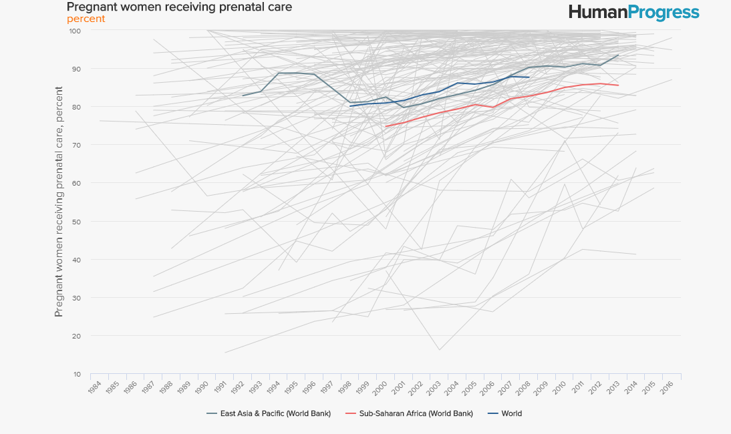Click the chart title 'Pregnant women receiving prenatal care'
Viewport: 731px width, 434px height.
179,7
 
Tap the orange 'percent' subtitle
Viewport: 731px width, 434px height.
86,19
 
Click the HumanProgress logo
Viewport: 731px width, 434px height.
633,12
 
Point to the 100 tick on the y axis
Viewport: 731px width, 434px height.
74,31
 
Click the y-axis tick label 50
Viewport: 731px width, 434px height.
76,222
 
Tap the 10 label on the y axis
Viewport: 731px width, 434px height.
76,374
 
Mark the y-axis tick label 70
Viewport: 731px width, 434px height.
76,145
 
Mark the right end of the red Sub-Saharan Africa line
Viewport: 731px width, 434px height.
618,85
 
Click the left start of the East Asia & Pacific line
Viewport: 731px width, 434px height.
243,95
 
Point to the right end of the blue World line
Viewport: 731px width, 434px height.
529,77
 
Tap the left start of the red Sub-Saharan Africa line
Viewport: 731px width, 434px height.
386,126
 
